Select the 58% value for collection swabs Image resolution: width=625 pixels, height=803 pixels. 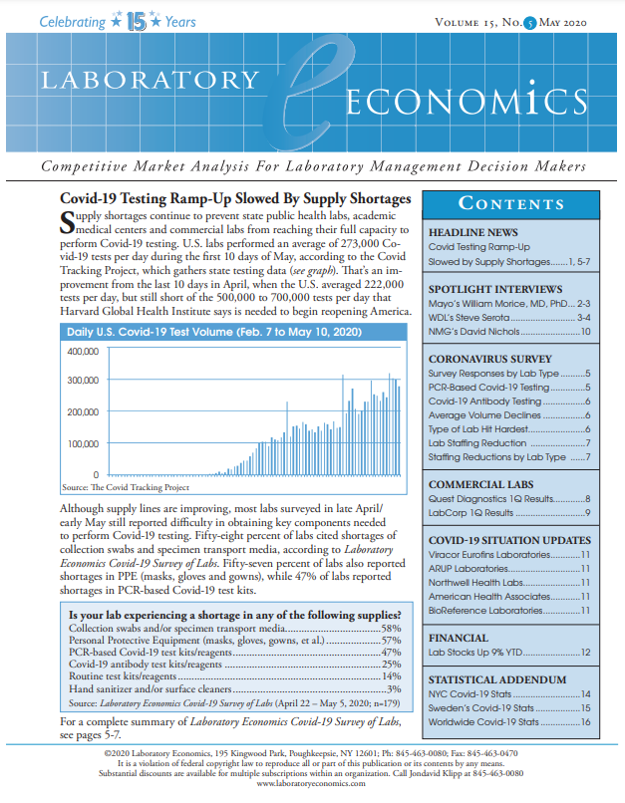point(391,629)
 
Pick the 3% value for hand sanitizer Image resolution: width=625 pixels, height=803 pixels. point(393,688)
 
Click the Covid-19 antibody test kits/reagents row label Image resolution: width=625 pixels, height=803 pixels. point(149,665)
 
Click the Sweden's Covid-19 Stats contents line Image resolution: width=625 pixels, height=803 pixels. point(484,707)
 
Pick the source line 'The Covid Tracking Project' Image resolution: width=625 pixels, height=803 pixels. point(125,488)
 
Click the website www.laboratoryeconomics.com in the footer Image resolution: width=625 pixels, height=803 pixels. point(312,784)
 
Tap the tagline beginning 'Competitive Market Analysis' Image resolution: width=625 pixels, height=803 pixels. point(312,164)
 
